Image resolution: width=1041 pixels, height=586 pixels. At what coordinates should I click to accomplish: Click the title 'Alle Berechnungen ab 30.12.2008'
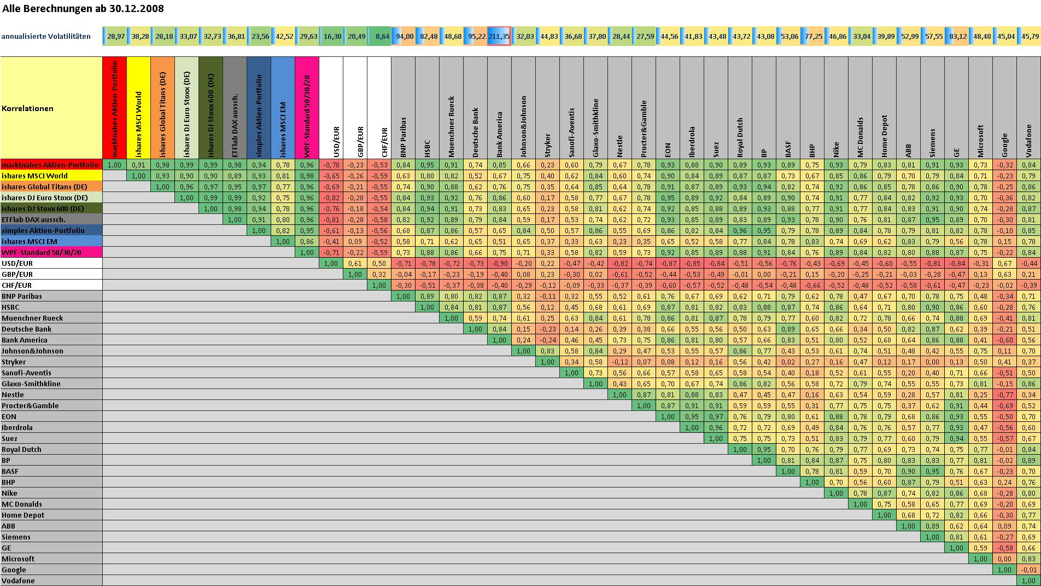(83, 9)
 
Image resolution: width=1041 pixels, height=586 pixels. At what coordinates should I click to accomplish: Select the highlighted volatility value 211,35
(499, 37)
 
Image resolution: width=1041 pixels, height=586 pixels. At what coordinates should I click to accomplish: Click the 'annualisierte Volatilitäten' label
(46, 37)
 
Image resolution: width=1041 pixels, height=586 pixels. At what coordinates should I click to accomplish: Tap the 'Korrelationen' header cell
(27, 108)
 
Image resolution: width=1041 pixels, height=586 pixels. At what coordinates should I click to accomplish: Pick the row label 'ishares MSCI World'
(34, 176)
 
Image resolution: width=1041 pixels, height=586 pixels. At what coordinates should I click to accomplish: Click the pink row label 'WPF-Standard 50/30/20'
(42, 252)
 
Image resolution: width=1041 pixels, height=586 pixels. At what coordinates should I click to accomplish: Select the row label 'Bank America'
(25, 340)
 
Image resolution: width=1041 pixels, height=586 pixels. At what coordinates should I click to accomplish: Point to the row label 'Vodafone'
(18, 581)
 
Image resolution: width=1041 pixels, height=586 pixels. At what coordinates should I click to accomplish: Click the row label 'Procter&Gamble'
(30, 405)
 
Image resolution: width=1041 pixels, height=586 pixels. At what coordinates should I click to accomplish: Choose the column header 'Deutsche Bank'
(475, 132)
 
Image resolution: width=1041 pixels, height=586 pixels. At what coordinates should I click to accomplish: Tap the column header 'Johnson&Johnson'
(523, 126)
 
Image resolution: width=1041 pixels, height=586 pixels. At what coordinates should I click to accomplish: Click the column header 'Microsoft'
(980, 141)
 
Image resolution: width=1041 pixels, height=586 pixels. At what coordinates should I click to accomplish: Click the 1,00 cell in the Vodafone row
(1028, 581)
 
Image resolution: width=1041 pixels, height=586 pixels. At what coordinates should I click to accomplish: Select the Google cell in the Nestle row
(1004, 394)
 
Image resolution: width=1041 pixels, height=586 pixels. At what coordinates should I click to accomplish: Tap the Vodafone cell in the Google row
(1028, 570)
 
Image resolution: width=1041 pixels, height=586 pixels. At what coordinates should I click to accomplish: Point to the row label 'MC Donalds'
(22, 504)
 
